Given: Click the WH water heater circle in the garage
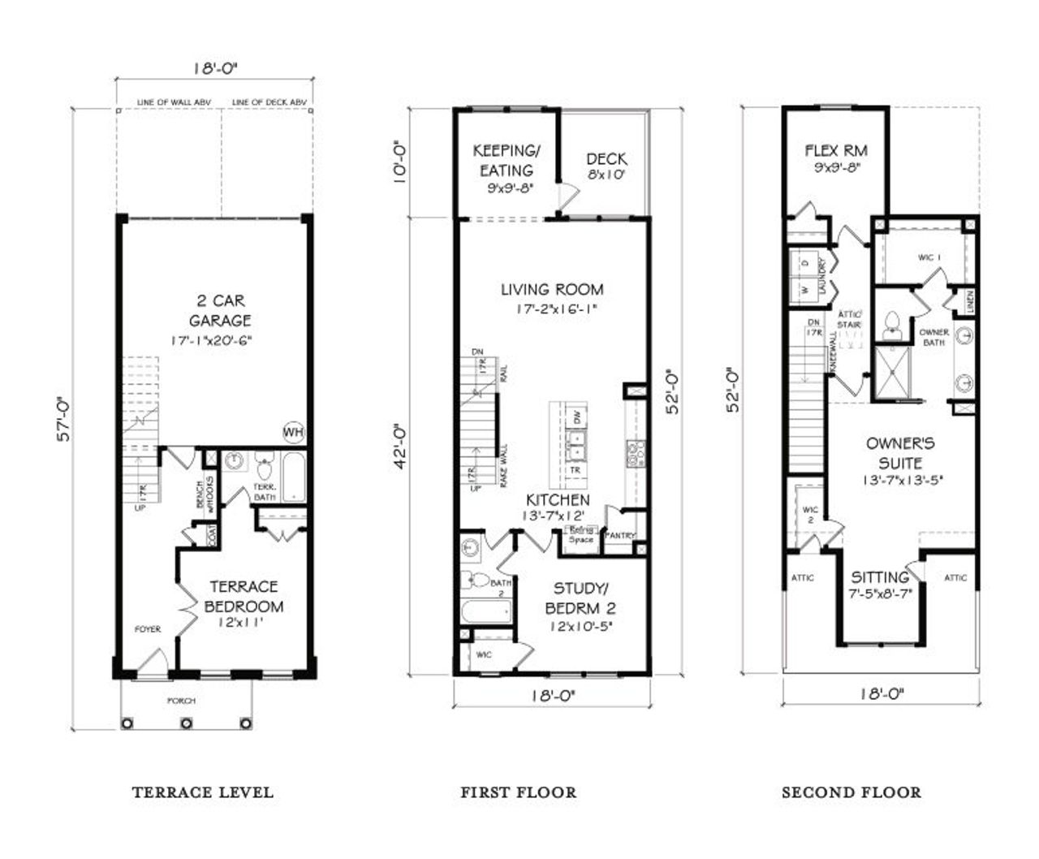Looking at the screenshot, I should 292,432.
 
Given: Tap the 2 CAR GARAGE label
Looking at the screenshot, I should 220,312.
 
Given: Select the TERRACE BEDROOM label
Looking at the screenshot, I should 244,597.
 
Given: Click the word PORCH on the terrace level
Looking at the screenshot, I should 182,701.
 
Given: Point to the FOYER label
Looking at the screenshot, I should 148,629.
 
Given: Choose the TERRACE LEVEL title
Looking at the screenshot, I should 202,792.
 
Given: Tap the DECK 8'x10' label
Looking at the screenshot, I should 606,166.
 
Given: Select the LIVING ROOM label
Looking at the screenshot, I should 552,290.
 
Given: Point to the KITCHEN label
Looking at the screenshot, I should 558,500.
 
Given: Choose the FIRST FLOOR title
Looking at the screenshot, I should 519,792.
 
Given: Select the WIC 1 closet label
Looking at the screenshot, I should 929,257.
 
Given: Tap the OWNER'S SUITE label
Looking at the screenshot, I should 900,453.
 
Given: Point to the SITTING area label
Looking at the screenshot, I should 880,578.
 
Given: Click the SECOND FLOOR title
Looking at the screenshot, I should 851,792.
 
